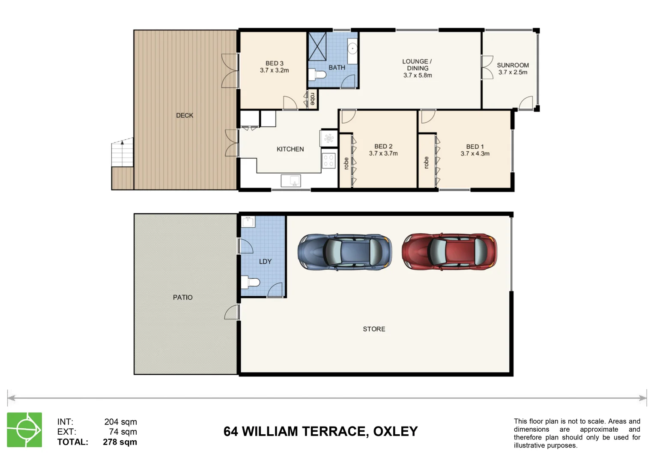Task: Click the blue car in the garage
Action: point(345,252)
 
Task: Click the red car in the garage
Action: point(449,252)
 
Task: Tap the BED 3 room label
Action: point(274,63)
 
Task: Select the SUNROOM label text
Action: point(513,65)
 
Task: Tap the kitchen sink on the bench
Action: point(291,180)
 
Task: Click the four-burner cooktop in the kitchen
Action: point(328,160)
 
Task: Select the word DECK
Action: point(185,115)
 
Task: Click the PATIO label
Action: point(183,297)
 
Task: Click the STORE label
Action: point(374,329)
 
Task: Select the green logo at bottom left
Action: point(24,430)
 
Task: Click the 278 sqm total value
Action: point(120,442)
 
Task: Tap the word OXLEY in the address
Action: point(395,431)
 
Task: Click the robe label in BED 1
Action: point(426,162)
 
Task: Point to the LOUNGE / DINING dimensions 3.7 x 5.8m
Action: point(418,75)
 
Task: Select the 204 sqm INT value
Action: point(120,422)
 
